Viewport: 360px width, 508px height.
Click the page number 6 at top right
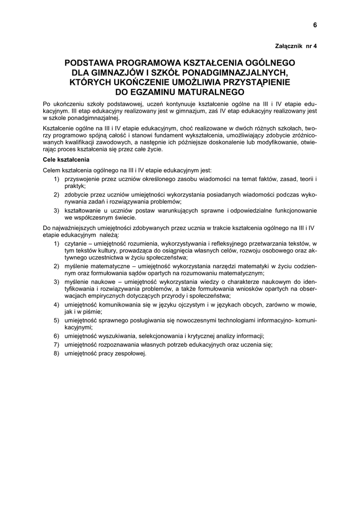tap(315, 25)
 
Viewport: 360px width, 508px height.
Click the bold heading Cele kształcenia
tap(66, 160)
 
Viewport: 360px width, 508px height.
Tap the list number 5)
tap(57, 320)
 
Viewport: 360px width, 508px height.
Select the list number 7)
tap(57, 344)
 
